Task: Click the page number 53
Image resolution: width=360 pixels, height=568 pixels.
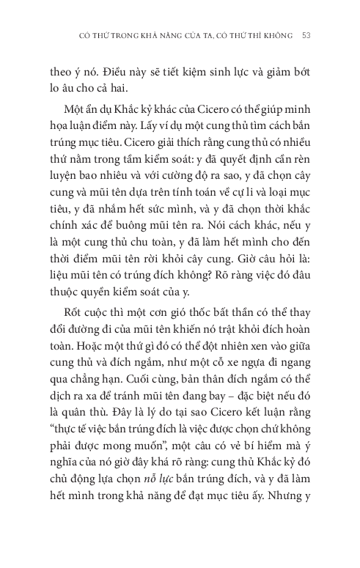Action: [307, 35]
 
